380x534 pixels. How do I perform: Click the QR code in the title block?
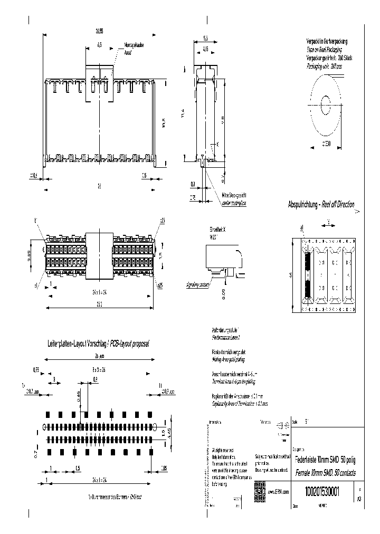coord(259,489)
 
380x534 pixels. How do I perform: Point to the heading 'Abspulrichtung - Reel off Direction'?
coord(321,205)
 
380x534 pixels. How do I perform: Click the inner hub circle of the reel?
coord(325,102)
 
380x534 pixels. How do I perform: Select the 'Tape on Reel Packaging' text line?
coord(325,47)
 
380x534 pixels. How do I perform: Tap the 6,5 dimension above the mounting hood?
coord(99,45)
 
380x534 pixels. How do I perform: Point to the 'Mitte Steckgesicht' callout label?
coord(234,195)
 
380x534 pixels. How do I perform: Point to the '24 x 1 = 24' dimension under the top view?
coord(98,291)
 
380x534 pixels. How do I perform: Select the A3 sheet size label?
coord(359,498)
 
